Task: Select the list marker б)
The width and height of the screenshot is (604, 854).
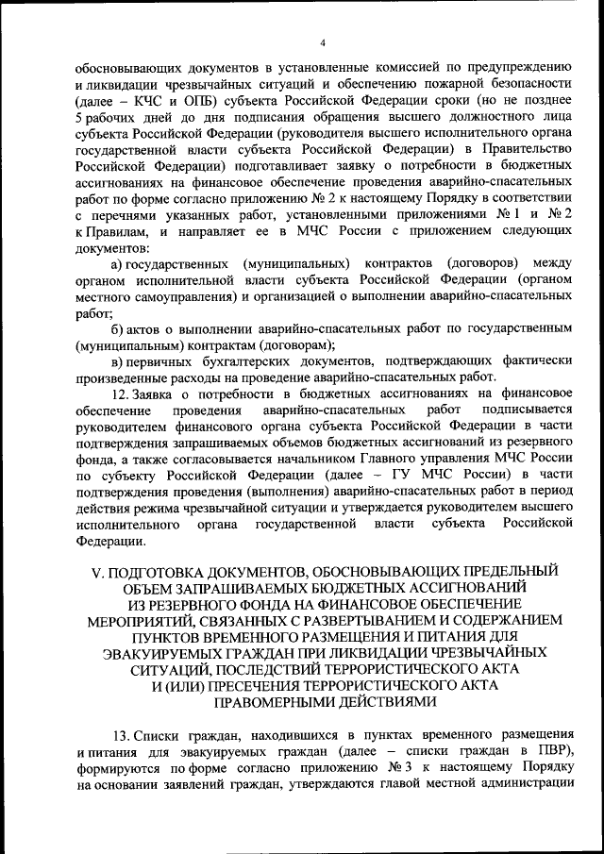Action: pos(118,327)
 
